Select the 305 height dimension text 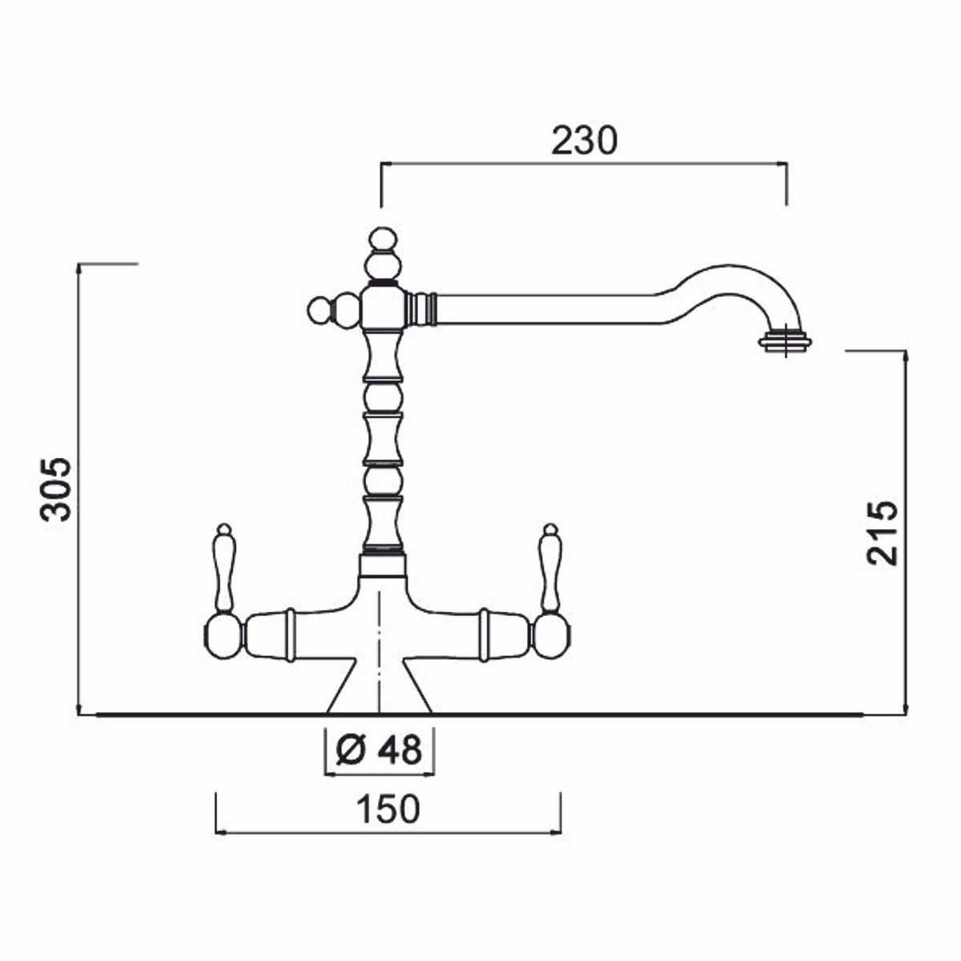(x=56, y=489)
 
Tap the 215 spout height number (x=881, y=533)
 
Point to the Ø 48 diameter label (x=379, y=750)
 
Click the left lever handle (x=224, y=568)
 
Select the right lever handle (x=550, y=568)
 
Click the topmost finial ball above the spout (x=382, y=239)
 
